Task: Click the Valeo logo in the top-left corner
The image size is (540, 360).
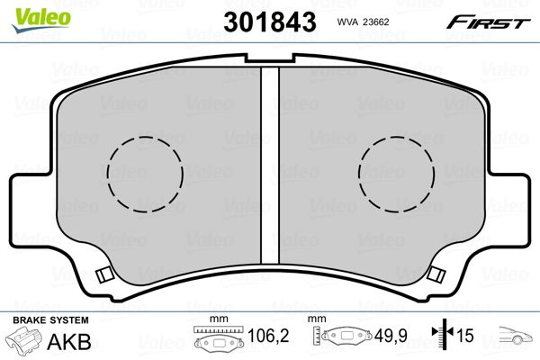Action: [x=41, y=21]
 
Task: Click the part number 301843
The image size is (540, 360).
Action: [x=270, y=22]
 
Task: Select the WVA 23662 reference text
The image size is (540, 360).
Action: [x=363, y=22]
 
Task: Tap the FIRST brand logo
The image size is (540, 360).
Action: [x=489, y=23]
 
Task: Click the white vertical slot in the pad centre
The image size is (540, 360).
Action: [x=270, y=166]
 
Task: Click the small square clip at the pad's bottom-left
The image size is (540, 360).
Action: [x=104, y=274]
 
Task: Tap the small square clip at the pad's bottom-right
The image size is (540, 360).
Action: [x=436, y=274]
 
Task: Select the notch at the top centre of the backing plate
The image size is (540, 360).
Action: [x=270, y=58]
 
